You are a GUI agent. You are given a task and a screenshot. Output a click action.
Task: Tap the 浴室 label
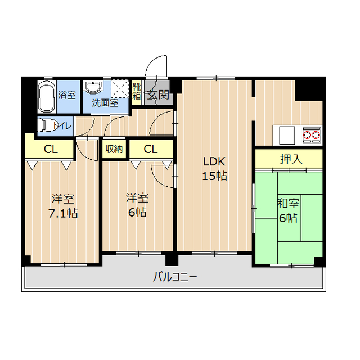click(66, 94)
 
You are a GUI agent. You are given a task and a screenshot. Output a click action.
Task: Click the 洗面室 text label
click(105, 103)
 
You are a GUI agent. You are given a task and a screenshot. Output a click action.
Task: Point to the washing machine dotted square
click(120, 89)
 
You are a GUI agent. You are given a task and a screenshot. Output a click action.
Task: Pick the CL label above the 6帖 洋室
click(150, 149)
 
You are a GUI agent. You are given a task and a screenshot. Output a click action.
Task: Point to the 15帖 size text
click(214, 175)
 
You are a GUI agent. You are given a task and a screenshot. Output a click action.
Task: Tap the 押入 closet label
click(291, 159)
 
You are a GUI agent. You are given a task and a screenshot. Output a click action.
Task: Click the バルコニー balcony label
click(174, 277)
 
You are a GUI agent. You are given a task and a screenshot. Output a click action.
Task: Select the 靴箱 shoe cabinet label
click(137, 91)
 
